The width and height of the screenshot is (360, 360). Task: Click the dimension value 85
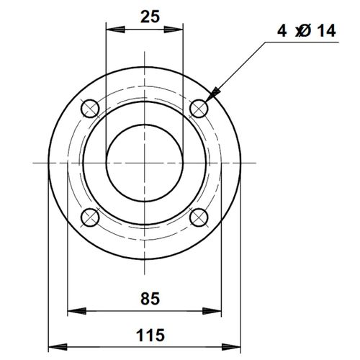[150, 297]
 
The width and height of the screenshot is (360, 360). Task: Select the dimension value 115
[150, 335]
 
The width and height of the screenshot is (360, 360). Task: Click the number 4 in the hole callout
[281, 31]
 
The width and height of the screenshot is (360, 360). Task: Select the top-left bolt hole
[90, 108]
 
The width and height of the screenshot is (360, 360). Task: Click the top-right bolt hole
[199, 108]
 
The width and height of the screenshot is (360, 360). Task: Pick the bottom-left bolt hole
[90, 217]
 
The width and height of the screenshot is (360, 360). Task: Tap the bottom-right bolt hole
[199, 217]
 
